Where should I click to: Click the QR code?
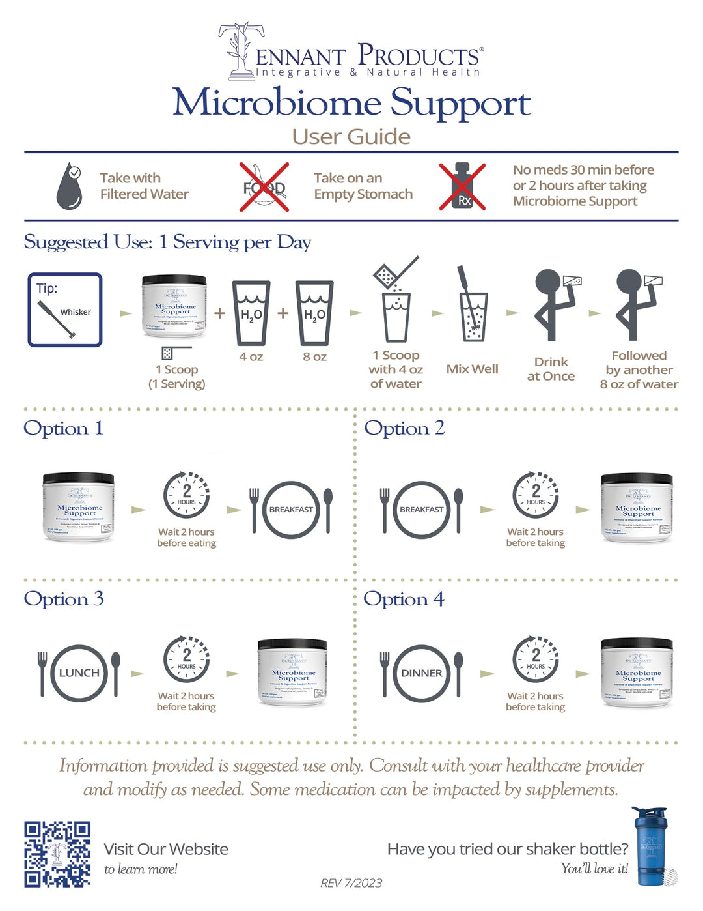click(57, 854)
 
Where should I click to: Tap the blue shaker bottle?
click(652, 847)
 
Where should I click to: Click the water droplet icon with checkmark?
click(69, 186)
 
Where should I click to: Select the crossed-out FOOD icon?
click(264, 188)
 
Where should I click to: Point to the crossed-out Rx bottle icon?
click(462, 187)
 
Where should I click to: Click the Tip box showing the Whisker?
click(65, 310)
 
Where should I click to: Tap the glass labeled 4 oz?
click(251, 313)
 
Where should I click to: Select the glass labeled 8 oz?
click(314, 313)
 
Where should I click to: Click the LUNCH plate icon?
click(79, 673)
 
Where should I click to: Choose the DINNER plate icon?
click(421, 673)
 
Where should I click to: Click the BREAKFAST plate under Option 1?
click(291, 510)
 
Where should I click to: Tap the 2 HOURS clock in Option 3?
click(186, 659)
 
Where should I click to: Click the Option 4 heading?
click(404, 599)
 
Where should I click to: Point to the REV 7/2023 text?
click(351, 883)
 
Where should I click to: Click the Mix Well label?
click(472, 369)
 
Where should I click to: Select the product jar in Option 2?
click(637, 508)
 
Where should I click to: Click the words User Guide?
click(351, 137)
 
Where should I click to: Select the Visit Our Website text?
click(166, 849)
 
